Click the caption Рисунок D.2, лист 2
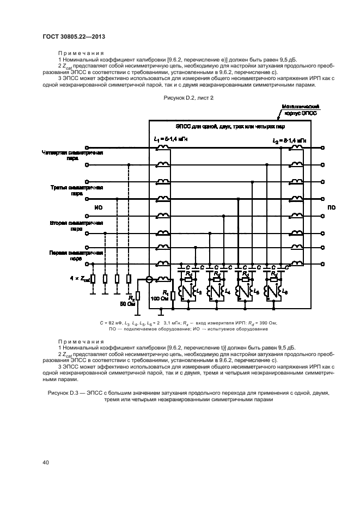(188, 112)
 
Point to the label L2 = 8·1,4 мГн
(289, 140)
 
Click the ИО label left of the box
(98, 207)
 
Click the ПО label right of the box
(332, 207)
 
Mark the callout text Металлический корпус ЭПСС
(299, 111)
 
